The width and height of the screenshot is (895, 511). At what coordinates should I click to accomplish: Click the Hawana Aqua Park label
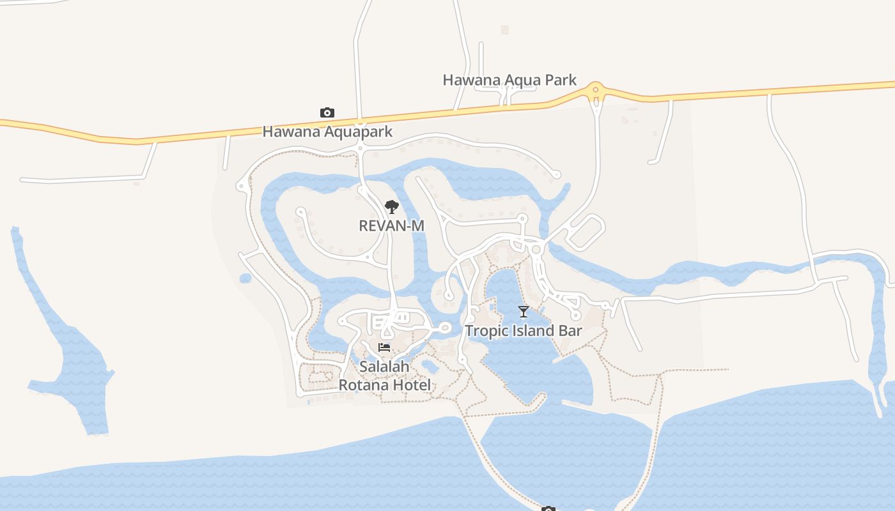click(x=510, y=80)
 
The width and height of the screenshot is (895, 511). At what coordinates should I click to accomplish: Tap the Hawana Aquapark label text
click(x=327, y=132)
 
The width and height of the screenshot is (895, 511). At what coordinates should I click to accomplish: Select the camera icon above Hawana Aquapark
click(x=327, y=113)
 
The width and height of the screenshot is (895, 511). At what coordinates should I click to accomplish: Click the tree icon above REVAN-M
click(x=392, y=207)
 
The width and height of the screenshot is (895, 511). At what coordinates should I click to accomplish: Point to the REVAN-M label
click(x=392, y=225)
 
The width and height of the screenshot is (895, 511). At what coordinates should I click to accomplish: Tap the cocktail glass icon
click(x=524, y=312)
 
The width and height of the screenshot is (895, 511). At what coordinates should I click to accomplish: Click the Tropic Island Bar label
click(x=524, y=330)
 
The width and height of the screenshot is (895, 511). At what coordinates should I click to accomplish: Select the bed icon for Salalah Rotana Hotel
click(x=384, y=347)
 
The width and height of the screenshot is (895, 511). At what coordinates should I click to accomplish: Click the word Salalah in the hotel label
click(x=384, y=367)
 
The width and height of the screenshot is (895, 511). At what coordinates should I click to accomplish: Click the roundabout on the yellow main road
click(x=596, y=91)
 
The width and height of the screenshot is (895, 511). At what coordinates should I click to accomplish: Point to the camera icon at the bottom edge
click(x=548, y=508)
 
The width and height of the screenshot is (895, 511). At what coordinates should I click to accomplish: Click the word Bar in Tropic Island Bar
click(x=570, y=330)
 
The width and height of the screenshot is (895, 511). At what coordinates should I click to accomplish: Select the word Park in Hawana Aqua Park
click(x=560, y=80)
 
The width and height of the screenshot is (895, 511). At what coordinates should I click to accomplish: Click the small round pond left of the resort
click(x=245, y=278)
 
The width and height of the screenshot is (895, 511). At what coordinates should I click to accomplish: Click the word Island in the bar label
click(x=533, y=330)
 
